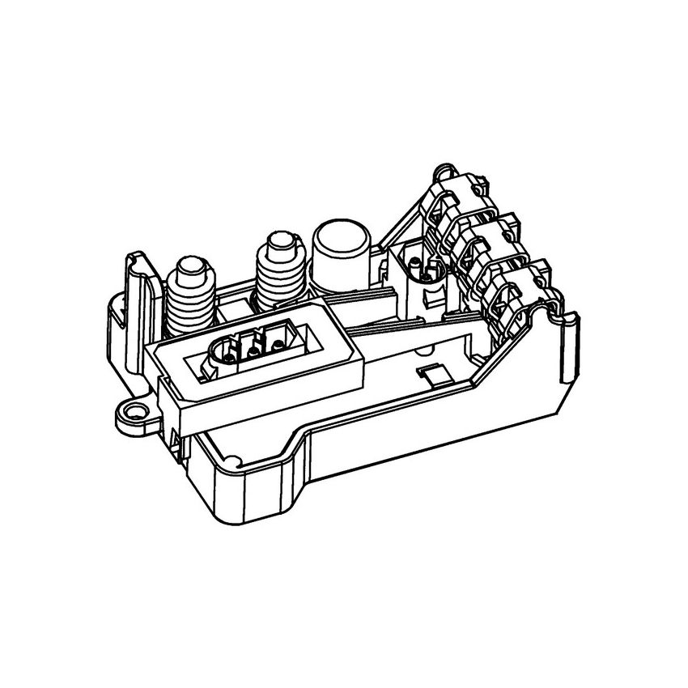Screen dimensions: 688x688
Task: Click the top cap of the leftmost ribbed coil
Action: [x=192, y=266]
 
